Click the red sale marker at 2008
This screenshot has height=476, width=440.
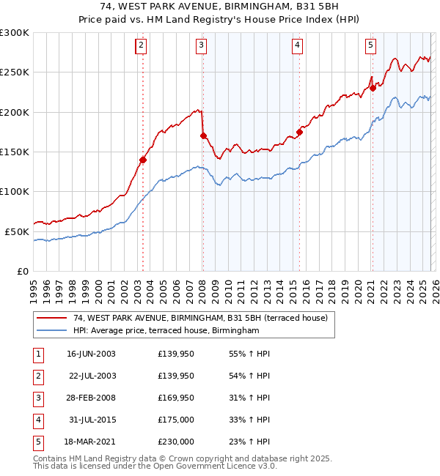click(x=203, y=135)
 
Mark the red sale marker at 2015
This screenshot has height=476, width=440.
click(x=299, y=132)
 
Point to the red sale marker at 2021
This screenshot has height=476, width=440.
click(x=373, y=88)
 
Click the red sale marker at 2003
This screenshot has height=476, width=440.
click(x=143, y=160)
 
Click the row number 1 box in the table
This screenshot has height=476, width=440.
click(x=37, y=354)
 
